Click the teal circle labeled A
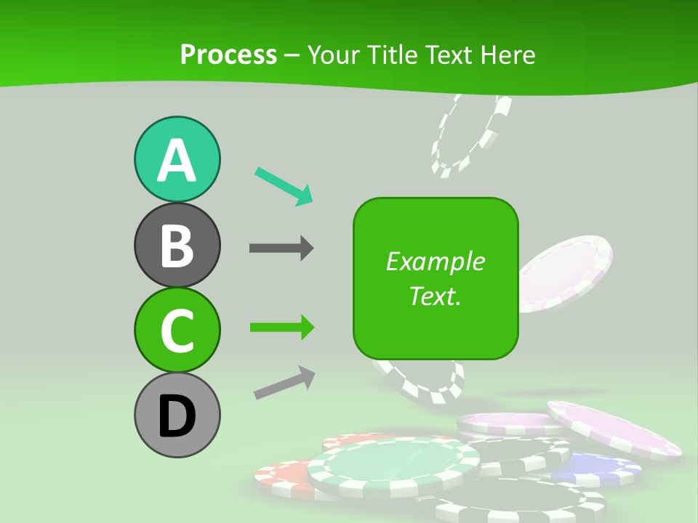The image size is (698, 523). (x=177, y=160)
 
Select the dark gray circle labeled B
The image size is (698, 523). (x=177, y=246)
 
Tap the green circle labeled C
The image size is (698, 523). (x=177, y=331)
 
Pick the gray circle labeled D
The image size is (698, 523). (x=177, y=415)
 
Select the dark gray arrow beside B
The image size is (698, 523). (x=281, y=248)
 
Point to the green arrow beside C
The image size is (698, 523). (x=281, y=328)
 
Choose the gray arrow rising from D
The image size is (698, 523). (x=284, y=383)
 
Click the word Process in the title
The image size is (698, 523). (x=228, y=54)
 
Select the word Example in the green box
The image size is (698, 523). (x=435, y=261)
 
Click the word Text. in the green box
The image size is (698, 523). (x=435, y=296)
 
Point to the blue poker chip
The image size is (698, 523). (x=596, y=469)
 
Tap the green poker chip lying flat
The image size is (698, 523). (x=393, y=465)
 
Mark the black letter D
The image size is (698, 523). (x=177, y=417)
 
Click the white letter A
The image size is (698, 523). (x=177, y=161)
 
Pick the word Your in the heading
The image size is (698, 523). (x=332, y=54)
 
